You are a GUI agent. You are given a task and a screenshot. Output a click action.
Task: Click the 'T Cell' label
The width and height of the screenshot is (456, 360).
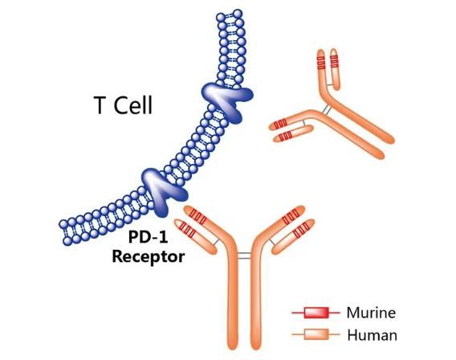(x=123, y=105)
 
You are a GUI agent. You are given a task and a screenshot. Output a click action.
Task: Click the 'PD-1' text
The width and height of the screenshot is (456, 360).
(x=149, y=238)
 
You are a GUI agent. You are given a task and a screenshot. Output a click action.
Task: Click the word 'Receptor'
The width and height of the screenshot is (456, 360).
(x=149, y=257)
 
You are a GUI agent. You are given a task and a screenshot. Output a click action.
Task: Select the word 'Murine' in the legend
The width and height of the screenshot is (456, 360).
(x=371, y=313)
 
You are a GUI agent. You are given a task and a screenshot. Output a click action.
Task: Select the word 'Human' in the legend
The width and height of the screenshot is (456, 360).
(x=373, y=335)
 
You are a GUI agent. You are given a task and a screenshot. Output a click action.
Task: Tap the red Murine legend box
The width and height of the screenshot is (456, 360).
(x=316, y=313)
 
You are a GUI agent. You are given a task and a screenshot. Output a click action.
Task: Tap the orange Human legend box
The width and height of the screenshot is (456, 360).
(x=316, y=334)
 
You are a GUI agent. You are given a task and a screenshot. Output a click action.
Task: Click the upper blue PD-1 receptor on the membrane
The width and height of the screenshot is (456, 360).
(x=228, y=100)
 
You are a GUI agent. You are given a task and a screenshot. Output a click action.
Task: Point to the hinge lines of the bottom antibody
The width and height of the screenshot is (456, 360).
(x=244, y=256)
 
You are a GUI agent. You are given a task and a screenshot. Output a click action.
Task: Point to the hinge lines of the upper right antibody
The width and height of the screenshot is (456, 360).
(x=326, y=109)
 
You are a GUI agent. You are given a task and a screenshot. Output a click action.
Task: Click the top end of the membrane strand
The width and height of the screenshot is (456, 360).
(x=230, y=14)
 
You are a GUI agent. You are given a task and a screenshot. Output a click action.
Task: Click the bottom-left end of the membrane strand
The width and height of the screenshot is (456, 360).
(x=66, y=232)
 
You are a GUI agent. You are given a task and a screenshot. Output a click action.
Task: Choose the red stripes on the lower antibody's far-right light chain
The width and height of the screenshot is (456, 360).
(x=300, y=230)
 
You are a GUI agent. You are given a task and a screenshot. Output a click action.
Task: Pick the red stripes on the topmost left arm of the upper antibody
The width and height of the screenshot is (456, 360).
(x=321, y=63)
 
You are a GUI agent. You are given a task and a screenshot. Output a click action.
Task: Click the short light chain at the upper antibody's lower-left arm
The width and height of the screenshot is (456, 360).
(x=293, y=133)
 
